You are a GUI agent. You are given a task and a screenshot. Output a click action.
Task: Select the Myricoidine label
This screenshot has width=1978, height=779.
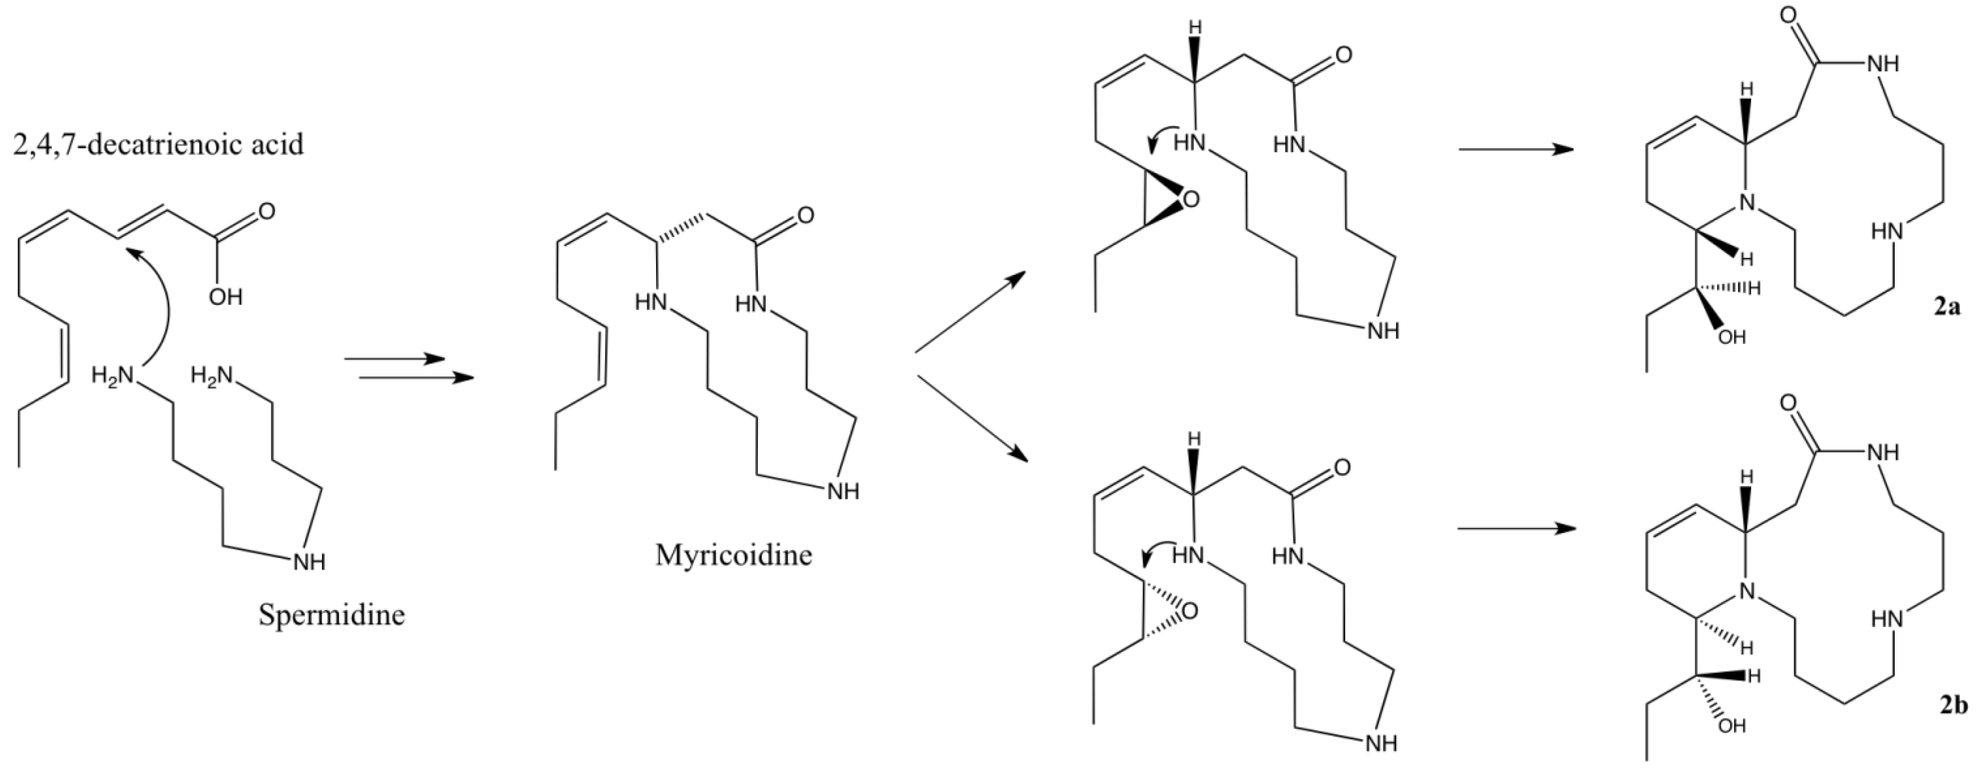(x=733, y=554)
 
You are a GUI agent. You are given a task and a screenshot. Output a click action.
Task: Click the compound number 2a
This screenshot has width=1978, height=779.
(x=1946, y=308)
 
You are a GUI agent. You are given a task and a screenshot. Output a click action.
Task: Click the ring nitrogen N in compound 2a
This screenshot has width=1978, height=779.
(x=1747, y=202)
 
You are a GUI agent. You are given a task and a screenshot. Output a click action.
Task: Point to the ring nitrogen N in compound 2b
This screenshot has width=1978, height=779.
(x=1747, y=591)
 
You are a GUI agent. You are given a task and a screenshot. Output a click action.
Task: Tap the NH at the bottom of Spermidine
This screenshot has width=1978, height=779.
(x=310, y=563)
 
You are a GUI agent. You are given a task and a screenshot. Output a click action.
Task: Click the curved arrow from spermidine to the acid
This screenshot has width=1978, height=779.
(x=157, y=307)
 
